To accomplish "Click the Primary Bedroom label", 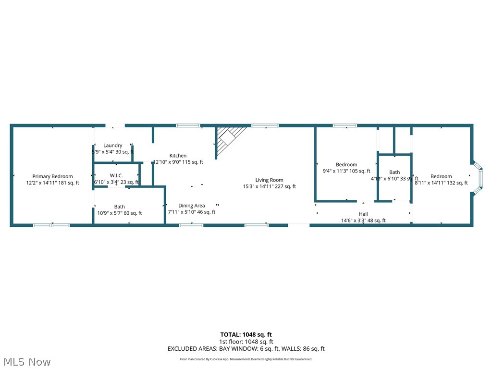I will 52,176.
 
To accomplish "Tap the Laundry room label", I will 112,145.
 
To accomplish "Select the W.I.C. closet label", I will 116,175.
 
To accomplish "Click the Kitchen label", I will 178,155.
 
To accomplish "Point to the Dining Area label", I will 192,205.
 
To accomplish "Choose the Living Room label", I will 269,180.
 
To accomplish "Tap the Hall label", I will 363,214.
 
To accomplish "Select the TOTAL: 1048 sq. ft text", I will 246,334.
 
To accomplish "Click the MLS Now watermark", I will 26,361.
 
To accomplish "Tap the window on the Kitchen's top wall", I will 188,125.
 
